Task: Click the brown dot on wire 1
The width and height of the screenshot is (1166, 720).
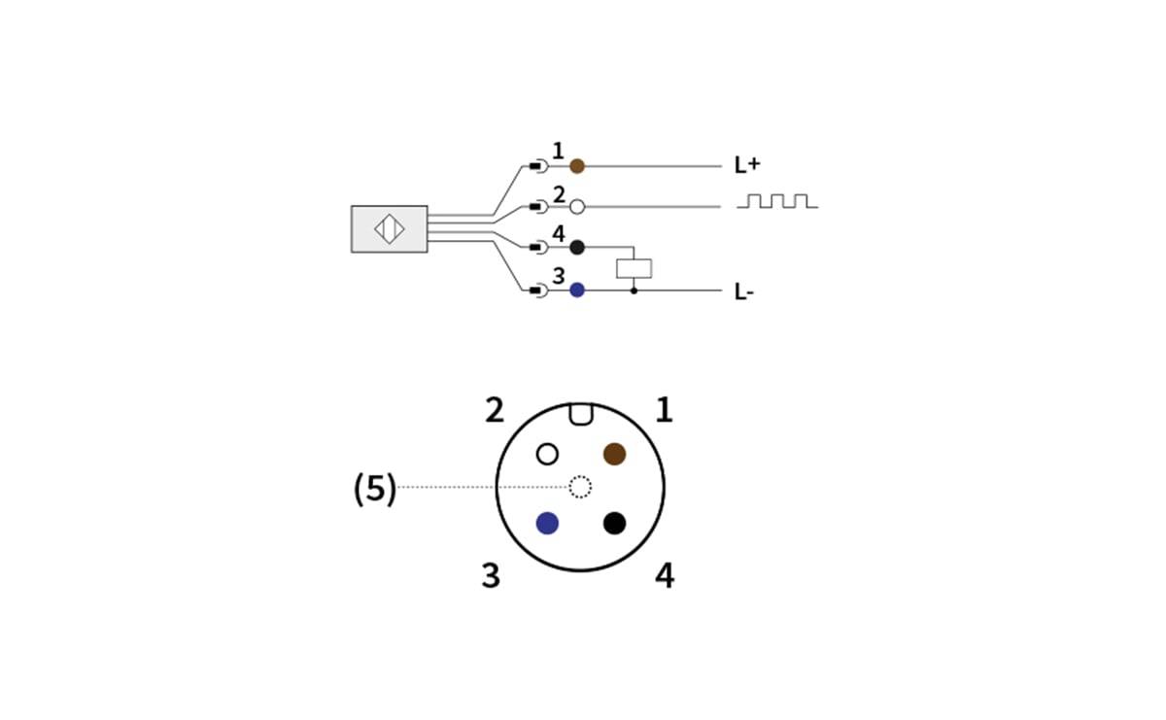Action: [x=577, y=166]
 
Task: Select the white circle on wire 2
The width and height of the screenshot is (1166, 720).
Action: [x=577, y=206]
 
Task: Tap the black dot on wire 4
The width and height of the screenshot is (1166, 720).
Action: [x=577, y=247]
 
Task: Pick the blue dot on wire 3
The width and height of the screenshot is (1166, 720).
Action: [x=577, y=290]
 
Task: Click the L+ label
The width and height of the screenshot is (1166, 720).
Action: [x=746, y=165]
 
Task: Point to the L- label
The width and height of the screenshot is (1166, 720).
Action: [x=743, y=291]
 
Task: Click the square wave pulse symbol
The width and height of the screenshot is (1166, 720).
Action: [x=777, y=201]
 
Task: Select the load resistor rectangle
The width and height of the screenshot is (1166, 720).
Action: [x=634, y=268]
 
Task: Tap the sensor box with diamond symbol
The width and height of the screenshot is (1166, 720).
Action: [x=389, y=228]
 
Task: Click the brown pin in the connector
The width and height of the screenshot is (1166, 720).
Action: [x=614, y=454]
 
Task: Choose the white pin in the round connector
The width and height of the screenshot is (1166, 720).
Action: [x=548, y=454]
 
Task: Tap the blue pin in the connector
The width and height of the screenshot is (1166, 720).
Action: [x=547, y=523]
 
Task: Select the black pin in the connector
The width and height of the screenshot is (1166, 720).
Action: [x=614, y=523]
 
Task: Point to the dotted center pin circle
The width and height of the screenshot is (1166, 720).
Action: [x=580, y=487]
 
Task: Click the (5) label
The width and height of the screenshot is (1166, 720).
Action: [x=375, y=489]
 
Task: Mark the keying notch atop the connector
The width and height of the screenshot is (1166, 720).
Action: [x=580, y=415]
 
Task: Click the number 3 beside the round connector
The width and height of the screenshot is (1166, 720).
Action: [x=491, y=575]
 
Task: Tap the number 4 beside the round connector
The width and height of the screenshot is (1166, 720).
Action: [x=664, y=575]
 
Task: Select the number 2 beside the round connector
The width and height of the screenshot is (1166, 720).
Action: [x=495, y=410]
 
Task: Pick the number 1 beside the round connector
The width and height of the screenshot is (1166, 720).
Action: [x=664, y=410]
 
